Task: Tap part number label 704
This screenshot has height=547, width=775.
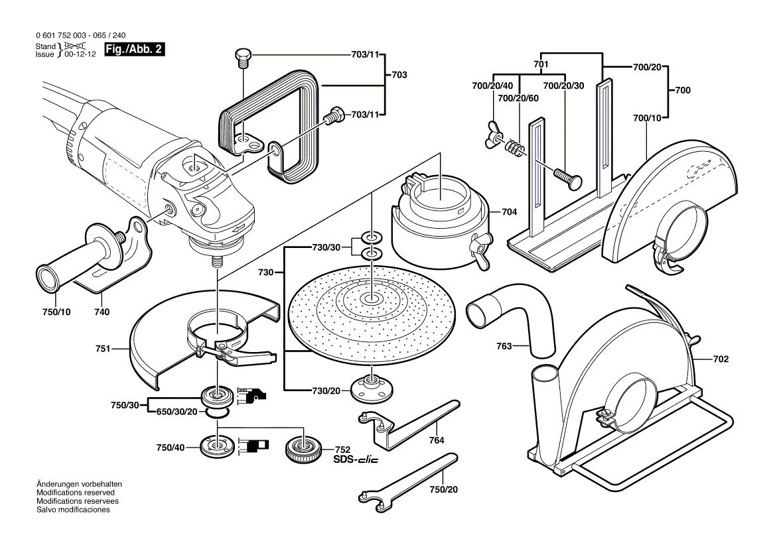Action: point(509,213)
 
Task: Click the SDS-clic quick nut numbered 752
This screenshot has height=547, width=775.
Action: point(304,452)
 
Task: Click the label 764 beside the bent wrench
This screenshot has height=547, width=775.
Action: point(436,440)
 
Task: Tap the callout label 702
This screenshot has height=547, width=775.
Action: point(721,359)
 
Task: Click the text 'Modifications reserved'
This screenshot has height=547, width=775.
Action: point(76,493)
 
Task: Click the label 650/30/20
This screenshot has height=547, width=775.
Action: point(176,412)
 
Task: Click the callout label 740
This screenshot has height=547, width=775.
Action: point(102,312)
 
